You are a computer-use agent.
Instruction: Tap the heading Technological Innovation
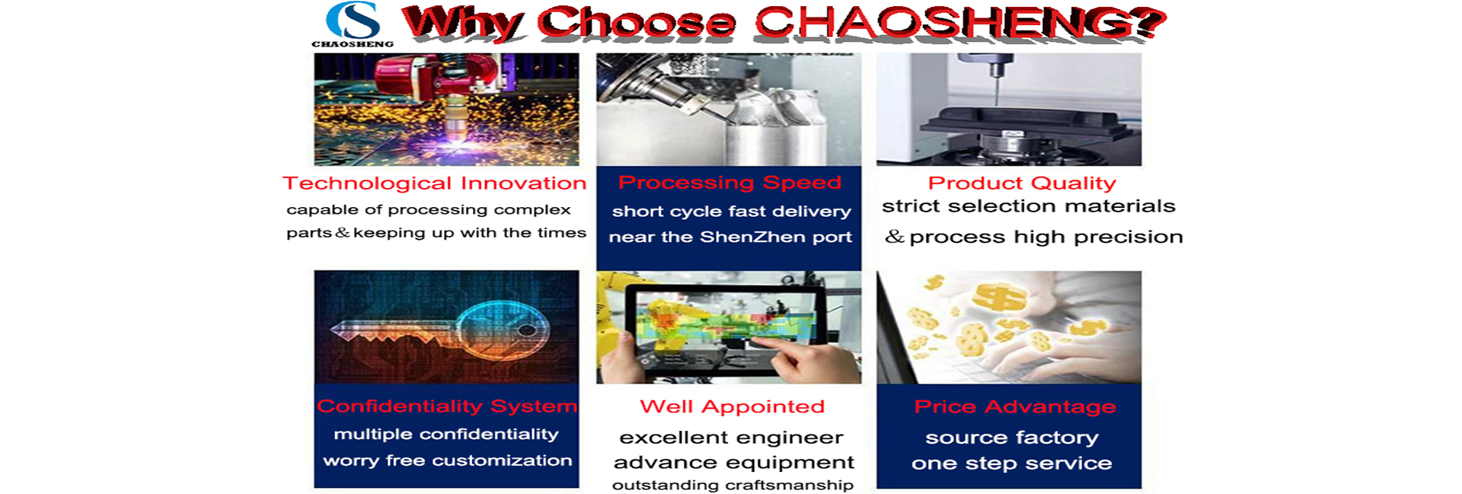point(434,183)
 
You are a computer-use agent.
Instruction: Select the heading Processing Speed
point(729,183)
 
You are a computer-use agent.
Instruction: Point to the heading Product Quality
point(1022,183)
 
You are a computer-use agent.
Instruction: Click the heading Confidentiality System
point(447,406)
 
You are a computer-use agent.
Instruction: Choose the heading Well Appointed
point(732,407)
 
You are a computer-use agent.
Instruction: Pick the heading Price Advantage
point(1015,407)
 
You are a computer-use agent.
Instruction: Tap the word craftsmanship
point(789,486)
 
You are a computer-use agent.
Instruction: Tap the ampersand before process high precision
point(895,237)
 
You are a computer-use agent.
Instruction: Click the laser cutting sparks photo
point(446,109)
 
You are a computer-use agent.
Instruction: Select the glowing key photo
point(446,327)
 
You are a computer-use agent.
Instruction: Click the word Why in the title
point(462,23)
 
